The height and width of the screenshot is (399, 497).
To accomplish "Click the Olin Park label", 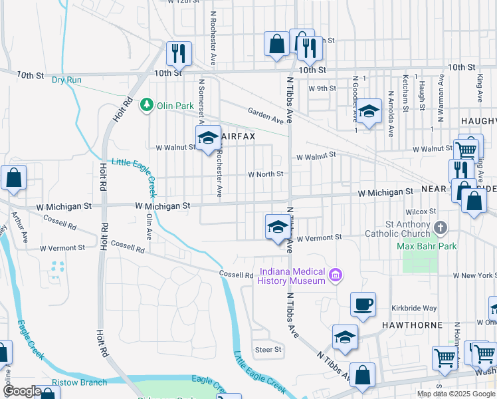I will click(x=175, y=105).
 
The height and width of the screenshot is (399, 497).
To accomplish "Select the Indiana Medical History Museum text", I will click(x=292, y=276).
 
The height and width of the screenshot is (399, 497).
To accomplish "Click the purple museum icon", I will click(x=336, y=275).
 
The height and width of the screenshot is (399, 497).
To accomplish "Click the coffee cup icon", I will click(x=363, y=305).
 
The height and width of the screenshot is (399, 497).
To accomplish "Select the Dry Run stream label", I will click(x=66, y=80).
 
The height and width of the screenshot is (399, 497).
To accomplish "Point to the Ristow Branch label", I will click(x=80, y=382).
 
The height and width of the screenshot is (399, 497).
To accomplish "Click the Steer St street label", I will click(x=268, y=349).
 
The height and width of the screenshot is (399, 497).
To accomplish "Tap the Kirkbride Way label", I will click(x=414, y=309).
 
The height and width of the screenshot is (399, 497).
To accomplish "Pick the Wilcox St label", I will click(x=423, y=211).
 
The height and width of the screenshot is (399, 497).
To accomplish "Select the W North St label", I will click(x=266, y=174).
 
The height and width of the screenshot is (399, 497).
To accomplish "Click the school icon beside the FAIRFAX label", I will click(x=208, y=138).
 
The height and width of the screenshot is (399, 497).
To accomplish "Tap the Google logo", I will click(x=22, y=391).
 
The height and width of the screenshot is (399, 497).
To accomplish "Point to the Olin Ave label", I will click(x=149, y=226).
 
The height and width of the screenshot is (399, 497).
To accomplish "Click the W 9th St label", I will click(x=322, y=88).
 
